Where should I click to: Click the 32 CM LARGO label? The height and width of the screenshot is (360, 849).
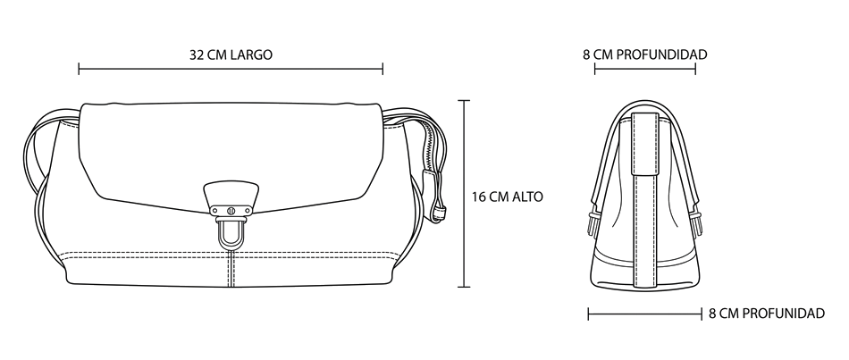(x=231, y=54)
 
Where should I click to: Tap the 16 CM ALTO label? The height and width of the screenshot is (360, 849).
(x=507, y=197)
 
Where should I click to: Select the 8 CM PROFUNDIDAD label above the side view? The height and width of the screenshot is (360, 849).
(x=645, y=54)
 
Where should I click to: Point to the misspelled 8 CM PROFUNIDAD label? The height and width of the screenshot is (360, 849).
(x=767, y=314)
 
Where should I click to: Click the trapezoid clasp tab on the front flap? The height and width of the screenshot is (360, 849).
(x=231, y=195)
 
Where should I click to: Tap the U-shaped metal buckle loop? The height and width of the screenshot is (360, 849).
(x=231, y=233)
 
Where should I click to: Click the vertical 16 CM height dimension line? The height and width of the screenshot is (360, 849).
(x=464, y=194)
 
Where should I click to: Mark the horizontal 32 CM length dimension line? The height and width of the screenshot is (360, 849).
(x=231, y=69)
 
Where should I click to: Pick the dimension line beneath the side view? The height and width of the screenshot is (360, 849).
(x=645, y=314)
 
